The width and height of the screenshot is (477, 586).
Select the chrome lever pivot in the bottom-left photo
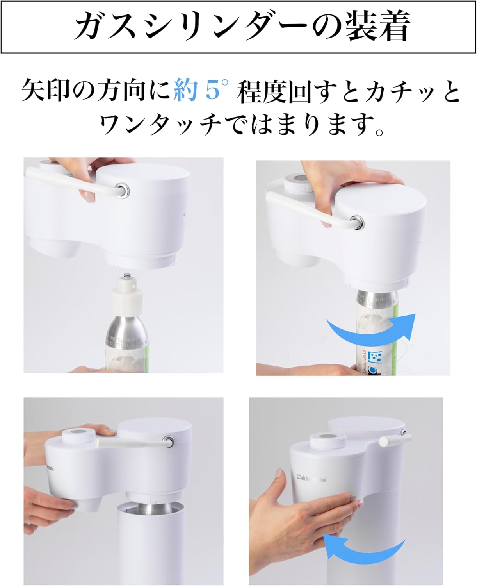[169, 441]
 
